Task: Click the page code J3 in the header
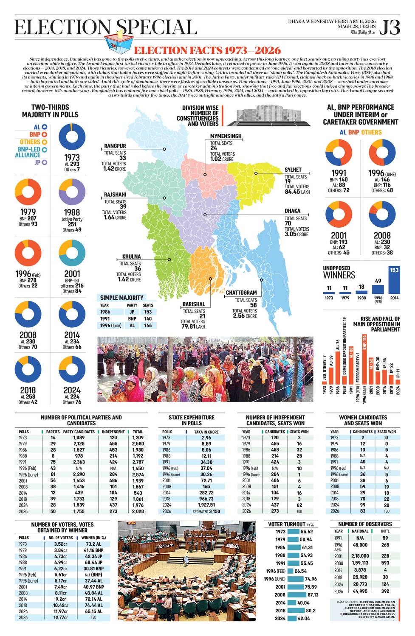pos(390,28)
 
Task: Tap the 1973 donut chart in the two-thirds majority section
pos(72,137)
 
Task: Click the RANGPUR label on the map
pos(115,146)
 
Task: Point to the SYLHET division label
pos(293,170)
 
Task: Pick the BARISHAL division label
pos(193,304)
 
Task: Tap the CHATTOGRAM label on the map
pos(241,293)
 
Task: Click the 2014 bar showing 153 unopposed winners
pos(394,280)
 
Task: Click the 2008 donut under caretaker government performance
pos(382,215)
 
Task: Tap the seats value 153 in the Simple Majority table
pos(148,312)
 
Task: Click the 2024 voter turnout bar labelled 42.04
pos(293,618)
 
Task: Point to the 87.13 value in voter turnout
pos(313,594)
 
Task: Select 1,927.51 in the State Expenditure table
pos(206,505)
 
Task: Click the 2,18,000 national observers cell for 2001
pos(360,555)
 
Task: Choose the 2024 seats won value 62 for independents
pos(299,505)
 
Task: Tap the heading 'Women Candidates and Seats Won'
pos(363,420)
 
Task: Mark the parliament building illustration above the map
pos(266,115)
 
